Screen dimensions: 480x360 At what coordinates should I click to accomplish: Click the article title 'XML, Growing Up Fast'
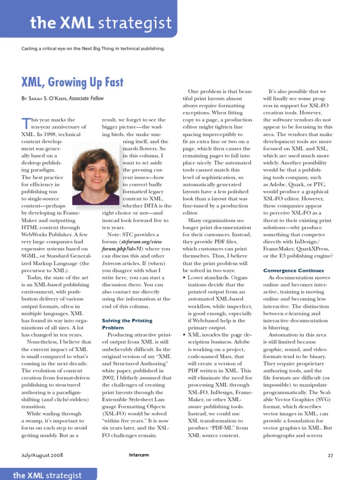72,83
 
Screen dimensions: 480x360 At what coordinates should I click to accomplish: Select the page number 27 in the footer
330,455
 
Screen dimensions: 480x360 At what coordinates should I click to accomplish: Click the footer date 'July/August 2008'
42,455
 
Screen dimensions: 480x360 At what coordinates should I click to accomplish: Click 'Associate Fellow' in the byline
86,98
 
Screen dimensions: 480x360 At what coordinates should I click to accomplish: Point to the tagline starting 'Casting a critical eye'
93,48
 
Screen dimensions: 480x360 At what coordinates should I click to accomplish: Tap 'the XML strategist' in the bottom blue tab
47,475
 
